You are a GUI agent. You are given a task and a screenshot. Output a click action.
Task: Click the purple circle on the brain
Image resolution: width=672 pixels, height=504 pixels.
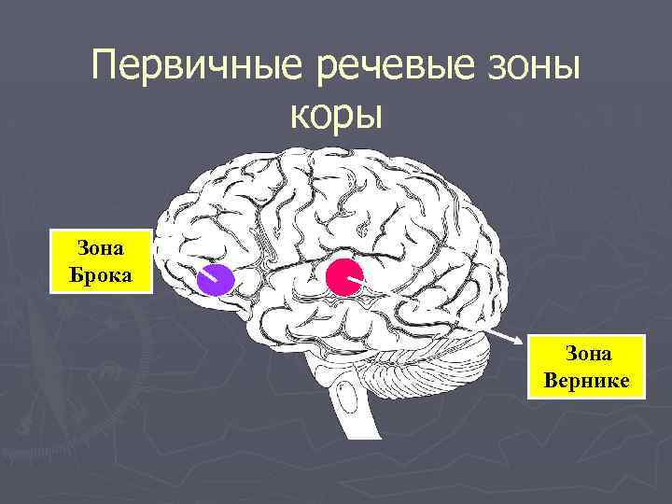pyautogui.click(x=216, y=279)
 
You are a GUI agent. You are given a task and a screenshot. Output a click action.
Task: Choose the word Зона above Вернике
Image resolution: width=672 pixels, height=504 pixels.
pyautogui.click(x=586, y=354)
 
